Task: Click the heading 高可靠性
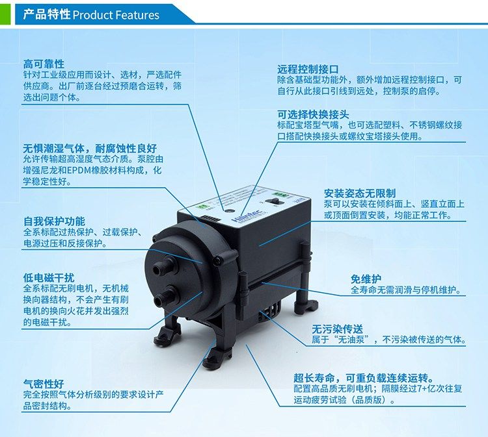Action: point(44,64)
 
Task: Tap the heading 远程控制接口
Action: point(308,69)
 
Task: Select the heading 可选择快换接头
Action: point(313,114)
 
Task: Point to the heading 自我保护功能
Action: point(54,221)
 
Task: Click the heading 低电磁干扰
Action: point(49,278)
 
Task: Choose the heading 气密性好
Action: point(44,384)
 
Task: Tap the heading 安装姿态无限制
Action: point(359,194)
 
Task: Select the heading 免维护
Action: point(366,279)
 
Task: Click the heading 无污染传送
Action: point(337,329)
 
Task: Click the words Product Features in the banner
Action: point(116,15)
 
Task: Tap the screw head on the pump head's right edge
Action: point(219,261)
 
